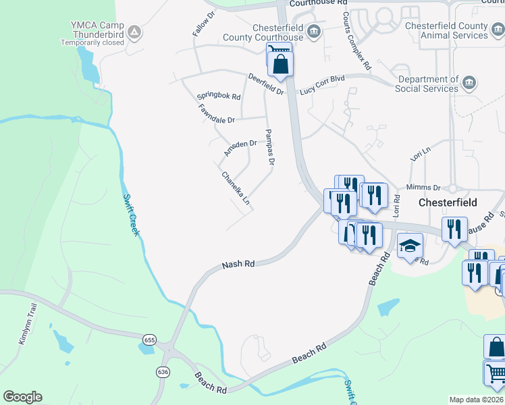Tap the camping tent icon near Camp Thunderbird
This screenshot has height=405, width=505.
click(x=134, y=31)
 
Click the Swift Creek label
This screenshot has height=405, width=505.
click(x=132, y=215)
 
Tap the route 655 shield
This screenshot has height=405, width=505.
click(x=148, y=340)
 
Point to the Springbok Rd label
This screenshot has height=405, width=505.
click(x=219, y=96)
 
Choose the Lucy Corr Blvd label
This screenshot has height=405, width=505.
click(x=322, y=84)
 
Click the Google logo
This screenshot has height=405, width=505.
click(x=22, y=396)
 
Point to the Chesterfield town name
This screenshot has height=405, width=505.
click(x=448, y=202)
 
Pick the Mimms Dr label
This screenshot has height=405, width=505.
click(x=423, y=188)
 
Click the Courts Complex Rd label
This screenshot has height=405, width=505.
click(x=356, y=41)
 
